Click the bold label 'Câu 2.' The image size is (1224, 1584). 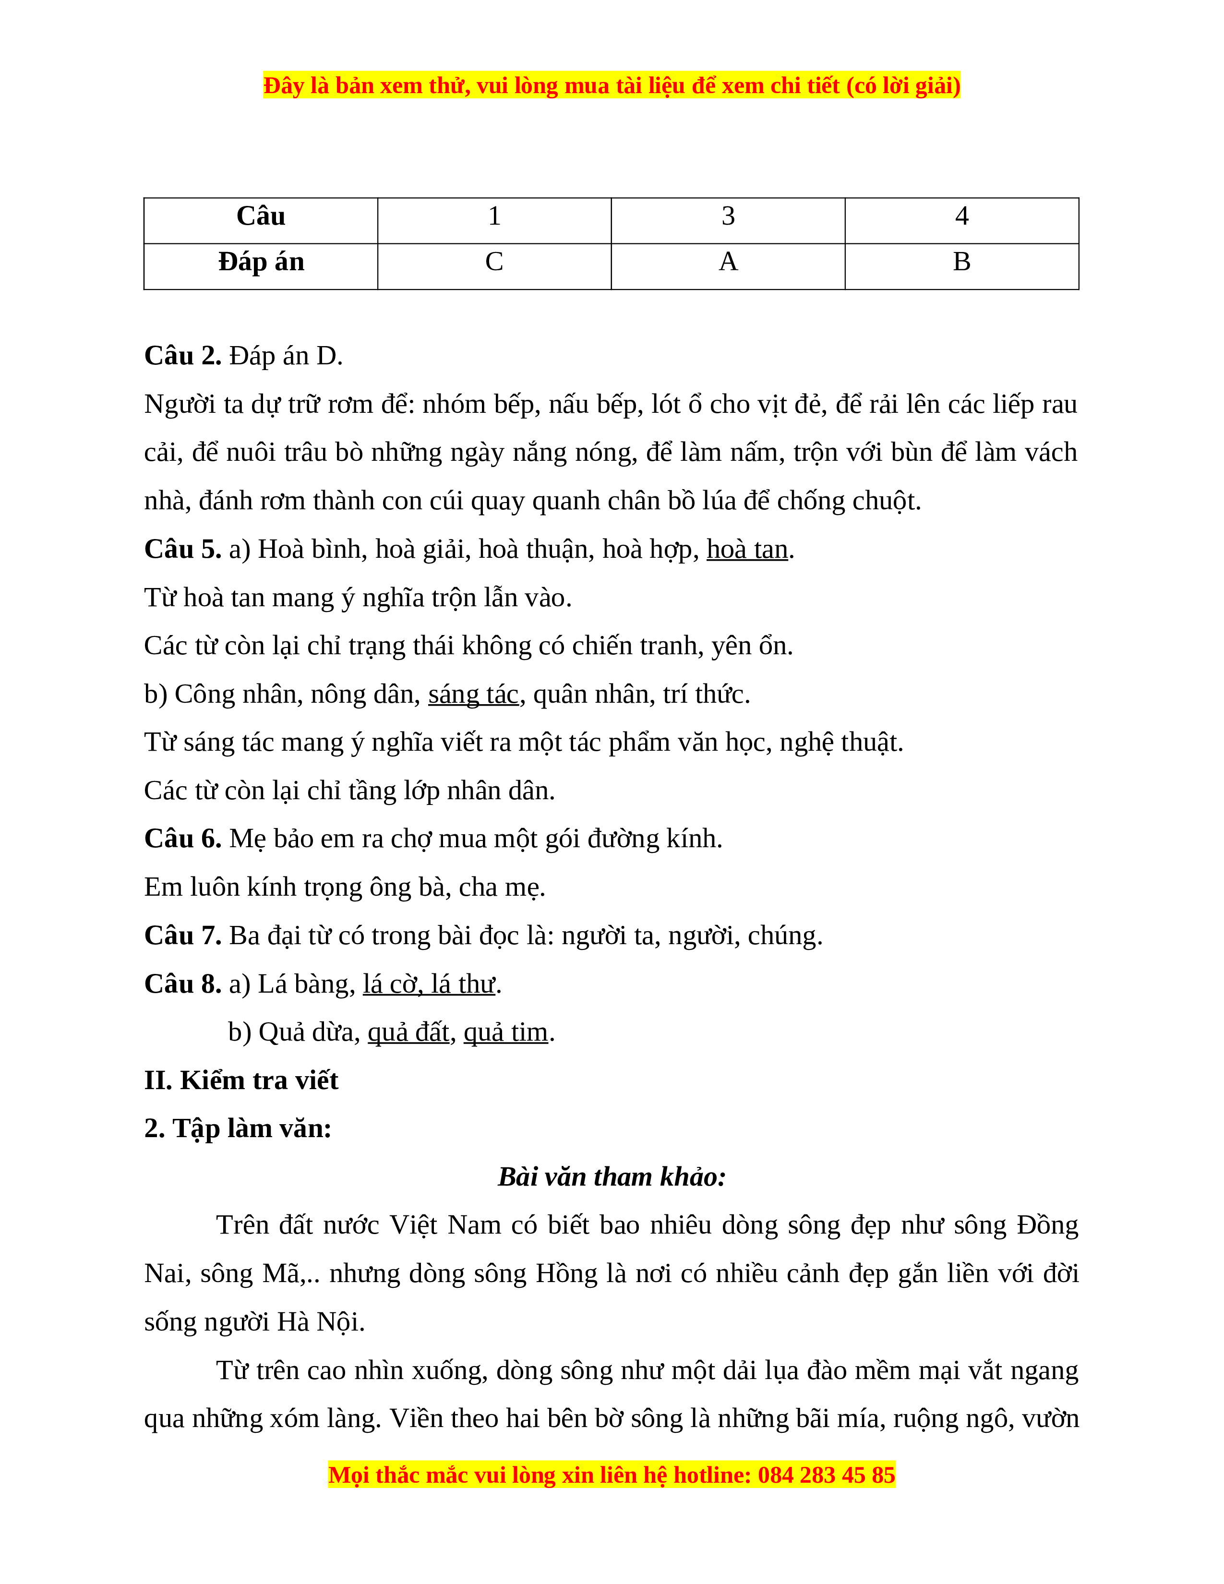[x=183, y=356]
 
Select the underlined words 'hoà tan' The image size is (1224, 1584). [x=747, y=550]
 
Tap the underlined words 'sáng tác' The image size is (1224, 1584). [x=473, y=695]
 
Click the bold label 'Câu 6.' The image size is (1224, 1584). [x=183, y=839]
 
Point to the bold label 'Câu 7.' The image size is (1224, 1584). [x=183, y=936]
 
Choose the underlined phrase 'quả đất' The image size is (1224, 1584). [x=408, y=1033]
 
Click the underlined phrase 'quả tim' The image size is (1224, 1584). [x=505, y=1033]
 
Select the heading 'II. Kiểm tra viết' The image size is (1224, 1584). [x=241, y=1080]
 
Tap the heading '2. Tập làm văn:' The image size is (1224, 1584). [x=238, y=1129]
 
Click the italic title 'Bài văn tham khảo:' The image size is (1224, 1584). [x=611, y=1177]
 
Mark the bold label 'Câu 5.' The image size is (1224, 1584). [x=183, y=550]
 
